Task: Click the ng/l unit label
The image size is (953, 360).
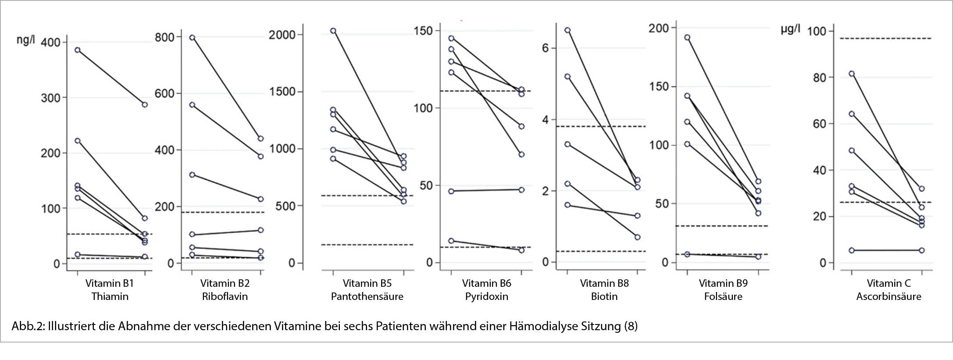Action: (x=25, y=40)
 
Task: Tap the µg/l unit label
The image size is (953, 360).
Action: (x=790, y=30)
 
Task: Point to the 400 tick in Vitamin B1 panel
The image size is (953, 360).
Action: (x=50, y=43)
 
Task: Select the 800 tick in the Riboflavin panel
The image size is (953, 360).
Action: (x=164, y=37)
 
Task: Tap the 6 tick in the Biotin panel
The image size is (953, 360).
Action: (x=545, y=48)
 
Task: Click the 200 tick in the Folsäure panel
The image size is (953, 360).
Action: (x=659, y=28)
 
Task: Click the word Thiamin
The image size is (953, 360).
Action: (x=110, y=296)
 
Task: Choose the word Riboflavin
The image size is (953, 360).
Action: (x=225, y=296)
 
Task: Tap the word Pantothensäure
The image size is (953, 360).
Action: (x=367, y=296)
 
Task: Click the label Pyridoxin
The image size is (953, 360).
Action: (x=486, y=296)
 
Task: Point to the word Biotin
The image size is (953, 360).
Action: (x=604, y=296)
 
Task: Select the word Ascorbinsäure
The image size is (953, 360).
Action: (x=889, y=296)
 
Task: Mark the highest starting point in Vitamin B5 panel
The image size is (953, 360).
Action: (x=333, y=31)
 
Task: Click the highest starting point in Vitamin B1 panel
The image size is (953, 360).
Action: (x=78, y=50)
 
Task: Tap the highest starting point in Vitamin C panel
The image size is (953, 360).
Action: (x=852, y=74)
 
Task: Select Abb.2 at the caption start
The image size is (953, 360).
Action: (x=27, y=326)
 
